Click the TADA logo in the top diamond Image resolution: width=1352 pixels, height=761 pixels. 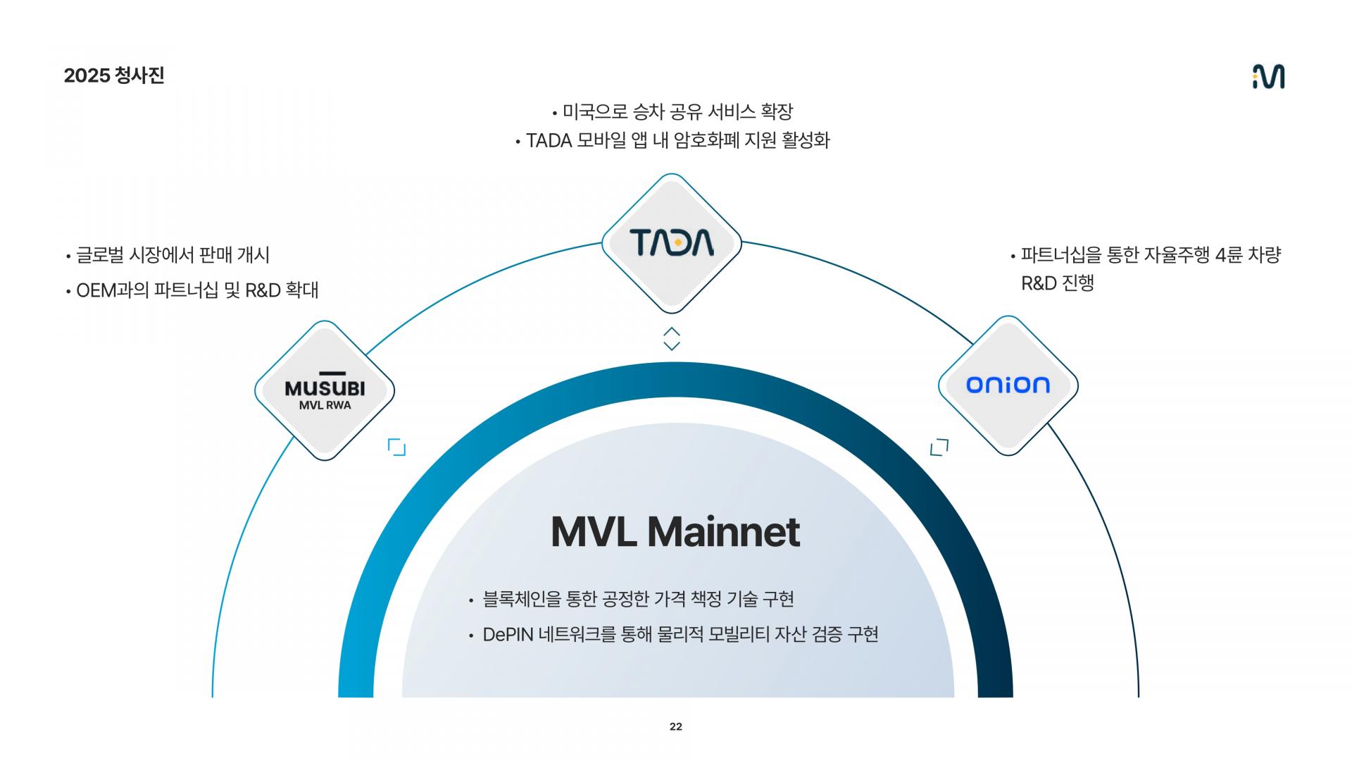point(672,242)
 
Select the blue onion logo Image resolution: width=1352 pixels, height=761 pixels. point(1008,384)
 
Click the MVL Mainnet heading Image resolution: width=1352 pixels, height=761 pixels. point(675,532)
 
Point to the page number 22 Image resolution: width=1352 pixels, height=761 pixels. point(676,726)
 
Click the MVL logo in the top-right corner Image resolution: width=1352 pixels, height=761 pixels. point(1268,76)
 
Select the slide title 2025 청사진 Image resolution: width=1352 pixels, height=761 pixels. point(114,75)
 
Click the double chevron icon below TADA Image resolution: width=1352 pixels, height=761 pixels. point(672,338)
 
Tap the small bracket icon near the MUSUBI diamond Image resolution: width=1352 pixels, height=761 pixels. point(397,447)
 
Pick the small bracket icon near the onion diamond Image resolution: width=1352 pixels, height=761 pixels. point(939,447)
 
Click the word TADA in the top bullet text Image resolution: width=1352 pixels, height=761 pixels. point(549,141)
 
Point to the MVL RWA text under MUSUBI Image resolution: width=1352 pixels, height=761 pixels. point(325,405)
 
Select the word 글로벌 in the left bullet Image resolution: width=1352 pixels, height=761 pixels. point(100,255)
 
